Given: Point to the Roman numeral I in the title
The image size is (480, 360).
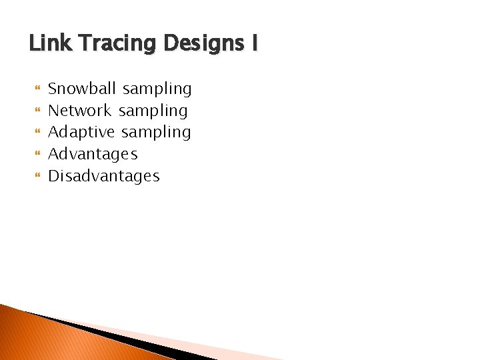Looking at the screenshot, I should (253, 44).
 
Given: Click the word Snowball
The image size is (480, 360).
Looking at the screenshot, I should (83, 88).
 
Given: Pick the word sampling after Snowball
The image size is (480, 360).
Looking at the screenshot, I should (157, 89).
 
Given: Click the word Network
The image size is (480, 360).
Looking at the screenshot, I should (81, 110).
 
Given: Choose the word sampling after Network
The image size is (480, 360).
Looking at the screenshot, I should (153, 111).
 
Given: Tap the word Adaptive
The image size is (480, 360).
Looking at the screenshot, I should (81, 133).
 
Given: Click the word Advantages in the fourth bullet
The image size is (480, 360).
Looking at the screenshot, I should (93, 155).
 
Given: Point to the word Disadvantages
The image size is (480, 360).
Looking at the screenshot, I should (104, 176).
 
